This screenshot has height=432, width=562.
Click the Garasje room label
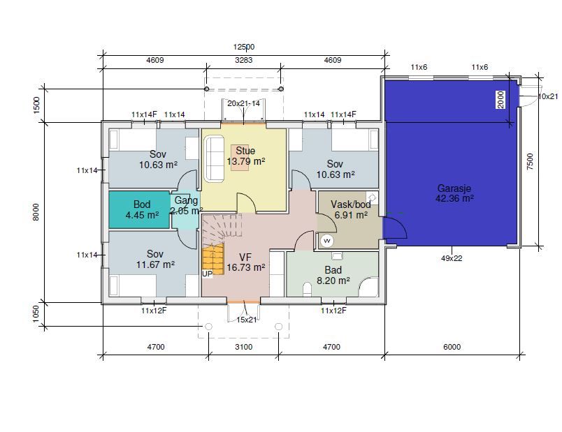pos(454,193)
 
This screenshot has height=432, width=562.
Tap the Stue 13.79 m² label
pos(246,156)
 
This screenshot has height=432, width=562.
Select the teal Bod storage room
pos(139,210)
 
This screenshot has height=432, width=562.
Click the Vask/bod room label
pos(351,209)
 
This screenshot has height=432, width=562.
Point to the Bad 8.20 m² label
pos(333,275)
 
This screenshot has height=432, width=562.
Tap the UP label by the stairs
pos(207,274)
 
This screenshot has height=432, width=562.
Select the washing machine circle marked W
pos(327,241)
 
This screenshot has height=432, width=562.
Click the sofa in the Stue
pos(215,159)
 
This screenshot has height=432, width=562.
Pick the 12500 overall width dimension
pos(244,47)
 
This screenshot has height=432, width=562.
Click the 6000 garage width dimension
pos(452,346)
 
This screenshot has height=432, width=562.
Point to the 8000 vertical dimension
pos(36,212)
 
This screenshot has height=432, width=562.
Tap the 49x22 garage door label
pos(452,258)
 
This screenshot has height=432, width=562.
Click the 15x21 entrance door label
pos(247,320)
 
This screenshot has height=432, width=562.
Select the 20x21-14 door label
pos(244,103)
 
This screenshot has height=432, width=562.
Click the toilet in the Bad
pos(307,290)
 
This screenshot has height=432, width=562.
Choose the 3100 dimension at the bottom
pos(244,346)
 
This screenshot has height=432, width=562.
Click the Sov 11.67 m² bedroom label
pos(155,259)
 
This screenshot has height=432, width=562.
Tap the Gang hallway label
pos(186,200)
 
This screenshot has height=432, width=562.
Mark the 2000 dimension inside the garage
pos(501,100)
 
